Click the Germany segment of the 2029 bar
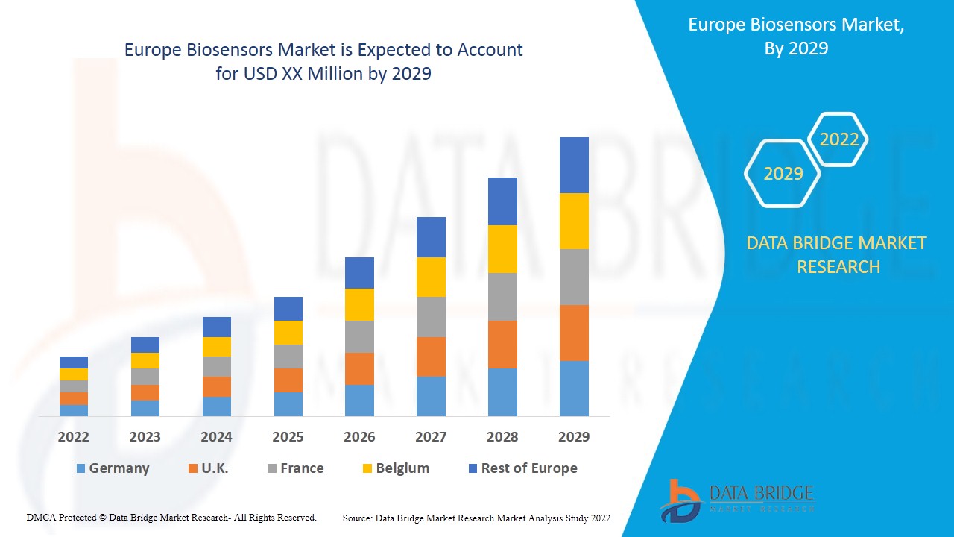coord(574,388)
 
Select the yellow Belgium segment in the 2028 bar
coord(502,248)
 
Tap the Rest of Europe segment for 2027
coord(431,237)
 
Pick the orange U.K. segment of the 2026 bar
coord(359,368)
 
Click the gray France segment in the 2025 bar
coord(288,357)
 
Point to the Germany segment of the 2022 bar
coord(74,410)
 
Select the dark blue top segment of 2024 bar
coord(217,327)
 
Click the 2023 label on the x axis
coord(145,437)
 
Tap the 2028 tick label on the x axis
coord(502,437)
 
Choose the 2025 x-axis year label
coord(288,437)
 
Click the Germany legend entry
coord(113,468)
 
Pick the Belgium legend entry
coord(395,468)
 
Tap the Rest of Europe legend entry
coord(522,468)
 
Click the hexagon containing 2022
coord(838,139)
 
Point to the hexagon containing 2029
coord(783,173)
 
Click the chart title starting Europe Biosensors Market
coord(323,62)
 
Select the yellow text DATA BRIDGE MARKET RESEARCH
coord(838,254)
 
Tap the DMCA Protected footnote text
coord(171,517)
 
